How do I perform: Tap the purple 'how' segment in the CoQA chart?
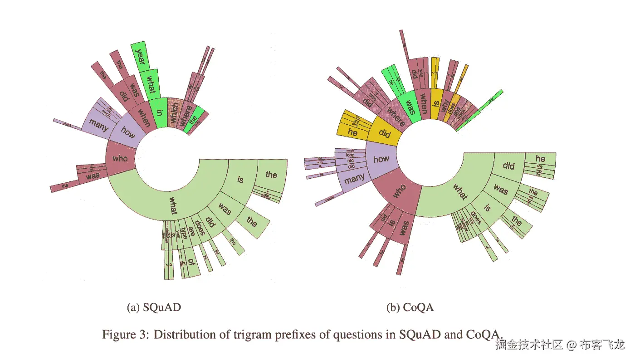381,159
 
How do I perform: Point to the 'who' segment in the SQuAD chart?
120,159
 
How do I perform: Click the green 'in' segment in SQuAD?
159,111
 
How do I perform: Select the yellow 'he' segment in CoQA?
353,133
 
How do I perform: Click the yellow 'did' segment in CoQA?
385,134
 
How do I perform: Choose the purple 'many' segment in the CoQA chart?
354,179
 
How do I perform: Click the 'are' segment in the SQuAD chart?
191,231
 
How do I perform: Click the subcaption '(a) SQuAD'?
154,307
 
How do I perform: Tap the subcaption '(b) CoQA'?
410,307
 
